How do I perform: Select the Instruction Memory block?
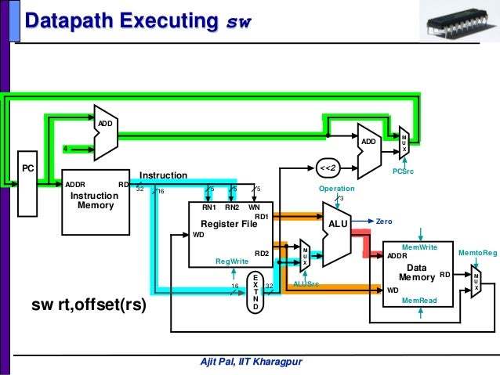[x=95, y=200]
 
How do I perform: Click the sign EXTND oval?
[x=255, y=292]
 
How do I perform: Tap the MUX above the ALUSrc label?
[x=305, y=257]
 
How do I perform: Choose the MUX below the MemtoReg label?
[x=476, y=281]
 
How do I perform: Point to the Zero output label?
[x=384, y=222]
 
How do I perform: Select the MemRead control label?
[x=418, y=300]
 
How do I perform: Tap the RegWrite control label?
[x=231, y=261]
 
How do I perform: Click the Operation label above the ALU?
[x=336, y=189]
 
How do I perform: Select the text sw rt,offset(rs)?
[x=89, y=304]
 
